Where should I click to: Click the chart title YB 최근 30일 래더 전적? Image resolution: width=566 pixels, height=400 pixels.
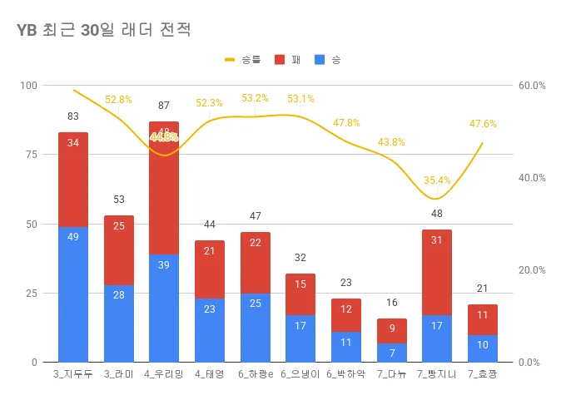(x=103, y=31)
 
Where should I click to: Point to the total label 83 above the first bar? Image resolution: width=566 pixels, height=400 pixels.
(x=73, y=116)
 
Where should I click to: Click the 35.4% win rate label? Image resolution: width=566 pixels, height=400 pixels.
(x=436, y=180)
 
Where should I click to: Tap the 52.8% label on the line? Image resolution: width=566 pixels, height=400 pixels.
(x=118, y=100)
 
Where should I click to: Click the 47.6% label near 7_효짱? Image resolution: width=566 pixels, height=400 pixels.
(x=483, y=124)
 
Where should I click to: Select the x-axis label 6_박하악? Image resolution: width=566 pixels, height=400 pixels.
(x=345, y=376)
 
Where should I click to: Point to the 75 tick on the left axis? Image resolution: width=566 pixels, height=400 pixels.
(x=32, y=155)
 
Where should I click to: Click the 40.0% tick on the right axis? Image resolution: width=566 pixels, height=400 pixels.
(x=531, y=178)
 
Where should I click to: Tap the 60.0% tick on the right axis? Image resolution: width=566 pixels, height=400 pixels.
(x=531, y=86)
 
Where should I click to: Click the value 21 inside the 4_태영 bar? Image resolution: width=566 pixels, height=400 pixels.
(x=209, y=251)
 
